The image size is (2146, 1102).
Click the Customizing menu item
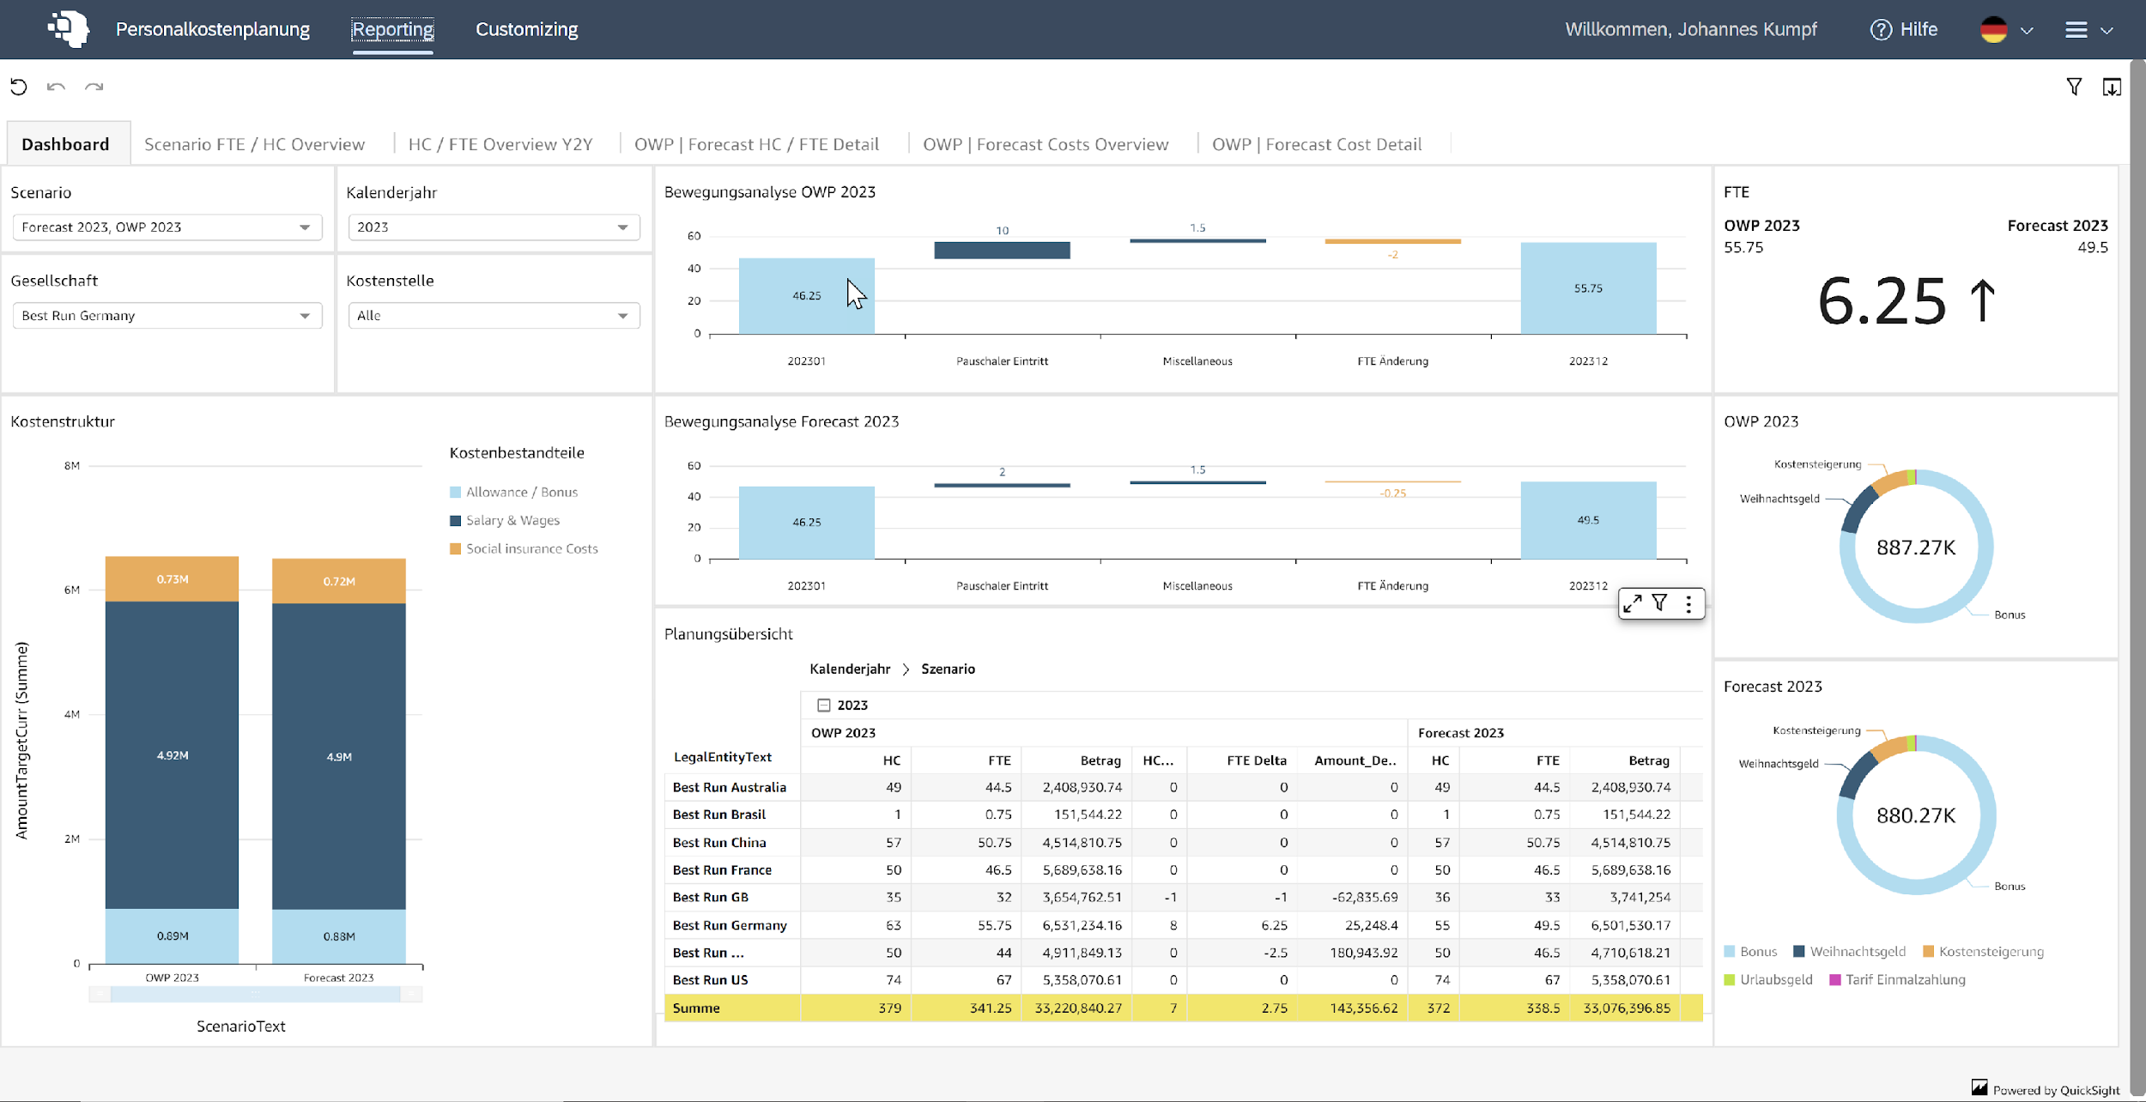click(x=526, y=29)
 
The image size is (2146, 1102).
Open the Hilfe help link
click(x=1904, y=29)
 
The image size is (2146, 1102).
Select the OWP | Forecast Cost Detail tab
click(x=1316, y=144)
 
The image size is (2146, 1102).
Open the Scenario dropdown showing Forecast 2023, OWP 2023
click(x=167, y=227)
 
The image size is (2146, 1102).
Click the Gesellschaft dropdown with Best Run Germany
click(x=167, y=316)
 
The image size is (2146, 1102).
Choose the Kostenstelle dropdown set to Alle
click(x=494, y=316)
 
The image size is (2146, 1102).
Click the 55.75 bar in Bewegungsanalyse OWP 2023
click(x=1587, y=288)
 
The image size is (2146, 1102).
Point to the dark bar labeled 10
click(x=1001, y=250)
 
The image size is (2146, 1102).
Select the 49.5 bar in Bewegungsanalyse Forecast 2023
click(x=1587, y=520)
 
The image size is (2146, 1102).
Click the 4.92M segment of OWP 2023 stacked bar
click(x=172, y=755)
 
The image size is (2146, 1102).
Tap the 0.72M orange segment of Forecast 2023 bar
click(x=338, y=581)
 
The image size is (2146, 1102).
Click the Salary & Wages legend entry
click(x=512, y=520)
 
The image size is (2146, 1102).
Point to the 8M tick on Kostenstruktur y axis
click(x=72, y=466)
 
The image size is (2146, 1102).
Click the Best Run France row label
click(x=722, y=869)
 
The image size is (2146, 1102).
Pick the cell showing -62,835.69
click(x=1364, y=897)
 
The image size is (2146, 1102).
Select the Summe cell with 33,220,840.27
click(x=1077, y=1008)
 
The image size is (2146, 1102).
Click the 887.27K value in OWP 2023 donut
click(x=1915, y=548)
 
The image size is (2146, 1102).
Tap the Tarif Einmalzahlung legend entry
click(x=1904, y=979)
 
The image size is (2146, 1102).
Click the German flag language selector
click(x=1993, y=30)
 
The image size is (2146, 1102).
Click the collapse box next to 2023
click(x=823, y=705)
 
